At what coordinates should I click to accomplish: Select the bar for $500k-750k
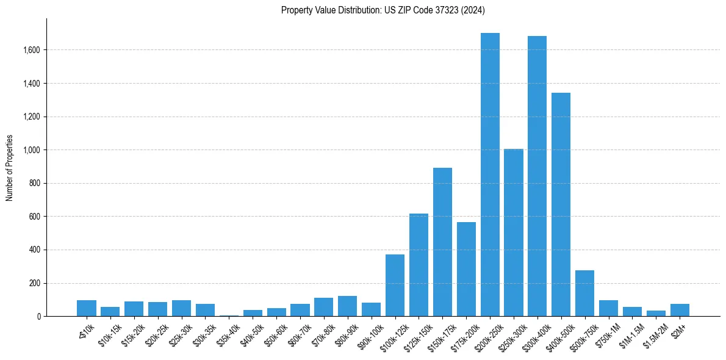(584, 293)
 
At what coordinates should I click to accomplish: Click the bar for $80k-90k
(347, 306)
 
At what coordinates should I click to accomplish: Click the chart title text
(383, 10)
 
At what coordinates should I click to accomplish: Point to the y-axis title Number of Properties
(10, 167)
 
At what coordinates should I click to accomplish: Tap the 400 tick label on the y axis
(34, 250)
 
